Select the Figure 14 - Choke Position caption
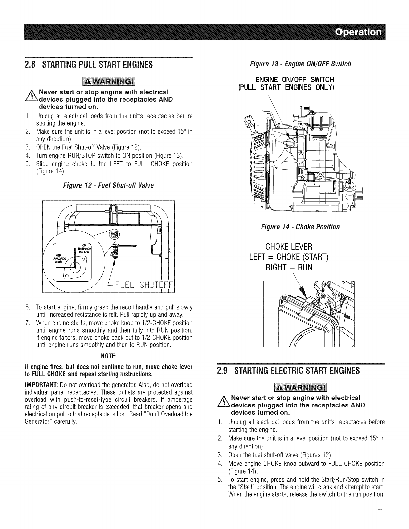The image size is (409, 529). (301, 227)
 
